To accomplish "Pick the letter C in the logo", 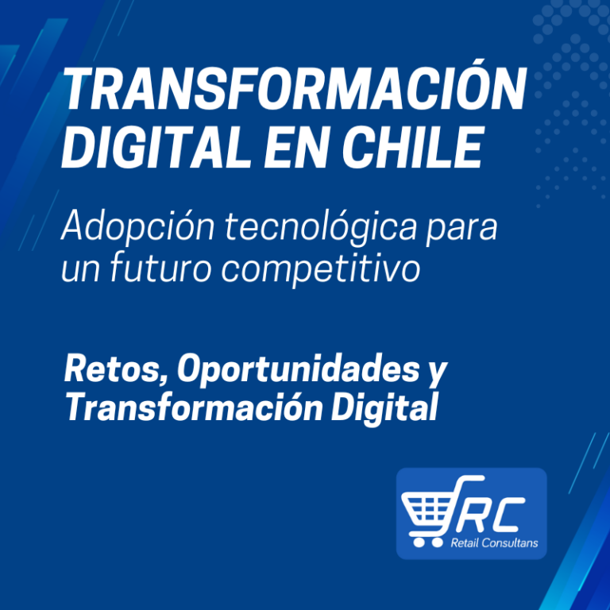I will (x=508, y=515).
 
